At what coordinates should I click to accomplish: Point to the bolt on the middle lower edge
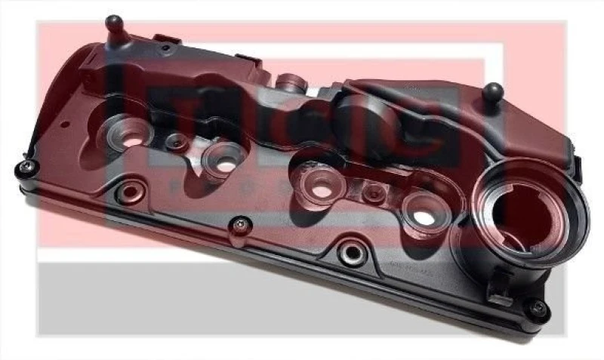241,223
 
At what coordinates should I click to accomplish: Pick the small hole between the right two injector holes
371,192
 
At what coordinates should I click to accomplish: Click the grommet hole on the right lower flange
350,252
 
